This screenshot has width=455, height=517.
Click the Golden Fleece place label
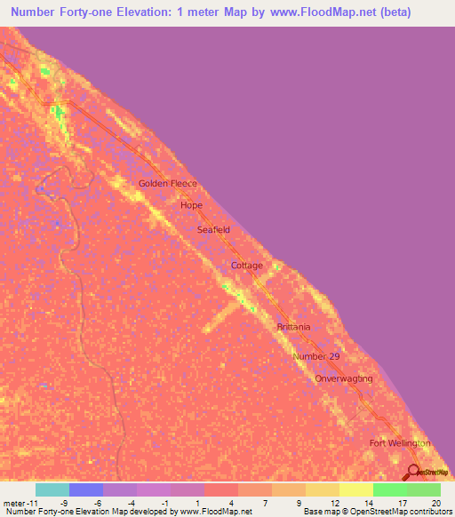167,184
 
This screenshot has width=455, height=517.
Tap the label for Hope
192,205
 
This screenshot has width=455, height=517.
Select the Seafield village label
213,229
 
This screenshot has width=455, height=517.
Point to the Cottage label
247,266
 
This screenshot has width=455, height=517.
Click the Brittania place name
292,327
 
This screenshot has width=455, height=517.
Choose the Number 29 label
316,356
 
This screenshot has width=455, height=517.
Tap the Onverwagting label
344,378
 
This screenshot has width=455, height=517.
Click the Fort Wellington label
400,442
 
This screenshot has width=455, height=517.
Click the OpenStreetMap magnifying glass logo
412,472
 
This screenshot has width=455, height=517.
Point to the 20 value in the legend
435,502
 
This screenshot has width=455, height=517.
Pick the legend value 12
333,502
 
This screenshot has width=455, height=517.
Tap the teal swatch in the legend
52,489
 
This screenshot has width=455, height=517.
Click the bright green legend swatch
390,489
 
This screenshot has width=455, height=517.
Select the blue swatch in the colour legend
86,489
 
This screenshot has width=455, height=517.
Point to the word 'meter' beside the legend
16,502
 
